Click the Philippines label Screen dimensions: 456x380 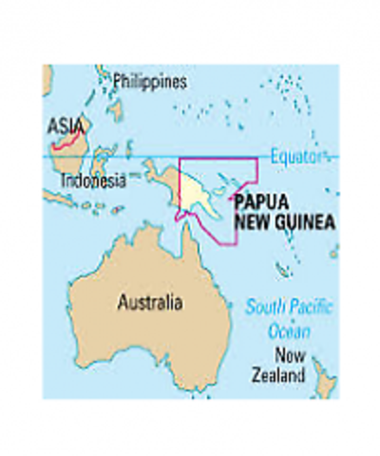click(149, 82)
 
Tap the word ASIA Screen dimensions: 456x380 click(66, 125)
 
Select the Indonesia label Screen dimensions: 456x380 click(92, 180)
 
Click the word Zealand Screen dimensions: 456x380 click(278, 375)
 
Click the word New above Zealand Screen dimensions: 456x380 click(288, 356)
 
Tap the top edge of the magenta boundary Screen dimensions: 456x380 click(218, 159)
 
